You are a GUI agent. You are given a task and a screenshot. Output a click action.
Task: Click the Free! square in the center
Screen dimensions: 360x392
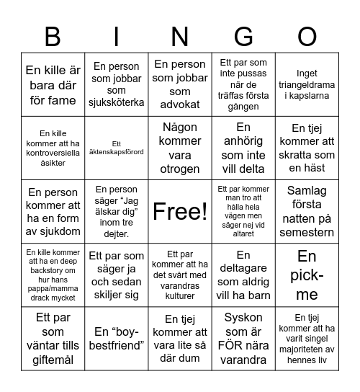pyautogui.click(x=180, y=211)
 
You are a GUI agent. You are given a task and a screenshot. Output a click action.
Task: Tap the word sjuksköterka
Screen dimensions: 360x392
pyautogui.click(x=117, y=102)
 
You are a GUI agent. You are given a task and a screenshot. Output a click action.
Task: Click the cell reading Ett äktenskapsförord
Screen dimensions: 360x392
pyautogui.click(x=117, y=148)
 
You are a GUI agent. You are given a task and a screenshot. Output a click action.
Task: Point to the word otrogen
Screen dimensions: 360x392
pyautogui.click(x=180, y=169)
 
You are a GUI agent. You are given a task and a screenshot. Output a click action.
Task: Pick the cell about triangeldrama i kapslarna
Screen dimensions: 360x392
pyautogui.click(x=307, y=84)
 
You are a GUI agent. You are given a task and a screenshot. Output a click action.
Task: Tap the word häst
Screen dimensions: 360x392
pyautogui.click(x=307, y=168)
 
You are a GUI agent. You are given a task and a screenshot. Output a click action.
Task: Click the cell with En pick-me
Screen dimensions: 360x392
pyautogui.click(x=307, y=275)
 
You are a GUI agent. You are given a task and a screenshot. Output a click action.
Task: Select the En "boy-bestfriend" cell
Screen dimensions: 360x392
pyautogui.click(x=117, y=339)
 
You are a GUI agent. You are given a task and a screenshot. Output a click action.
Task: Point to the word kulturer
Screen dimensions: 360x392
pyautogui.click(x=180, y=295)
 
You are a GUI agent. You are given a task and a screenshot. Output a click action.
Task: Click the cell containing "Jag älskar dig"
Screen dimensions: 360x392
pyautogui.click(x=117, y=211)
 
